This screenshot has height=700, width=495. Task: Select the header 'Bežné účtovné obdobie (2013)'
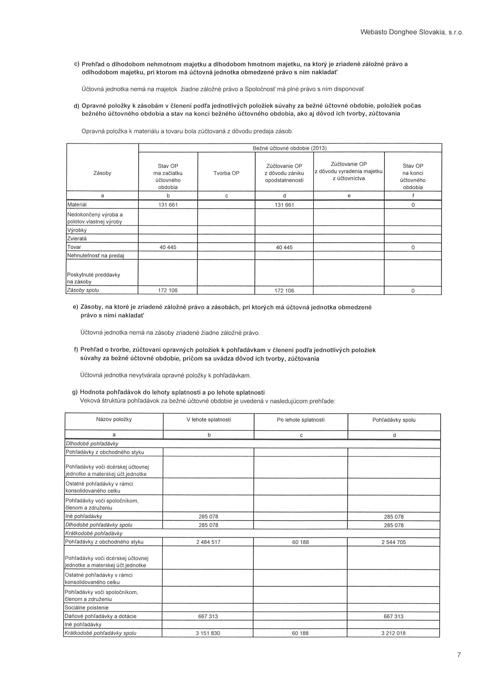[289, 148]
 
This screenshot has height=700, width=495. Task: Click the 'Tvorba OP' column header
[226, 173]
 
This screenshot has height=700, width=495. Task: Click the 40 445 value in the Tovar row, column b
[168, 247]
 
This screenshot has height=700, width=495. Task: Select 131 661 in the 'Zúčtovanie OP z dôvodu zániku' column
[284, 205]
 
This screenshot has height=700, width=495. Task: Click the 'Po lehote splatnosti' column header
[300, 420]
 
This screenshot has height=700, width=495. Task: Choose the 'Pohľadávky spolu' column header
[394, 420]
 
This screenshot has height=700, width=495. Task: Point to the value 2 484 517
[208, 542]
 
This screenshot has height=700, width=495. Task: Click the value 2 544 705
[393, 542]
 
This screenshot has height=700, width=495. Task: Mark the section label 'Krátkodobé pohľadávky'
[94, 533]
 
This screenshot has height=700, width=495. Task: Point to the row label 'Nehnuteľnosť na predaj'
[95, 256]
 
